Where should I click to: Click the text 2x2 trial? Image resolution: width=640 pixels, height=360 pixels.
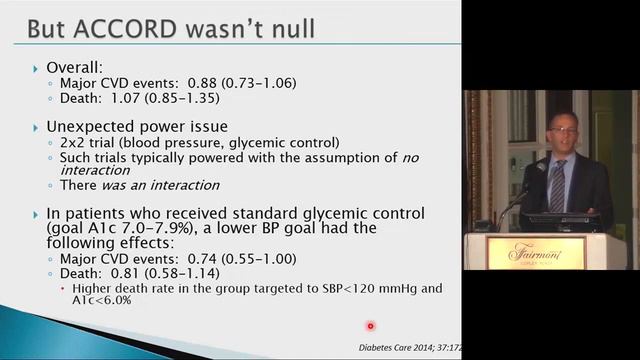(83, 145)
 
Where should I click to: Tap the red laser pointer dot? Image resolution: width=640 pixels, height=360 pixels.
(370, 325)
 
